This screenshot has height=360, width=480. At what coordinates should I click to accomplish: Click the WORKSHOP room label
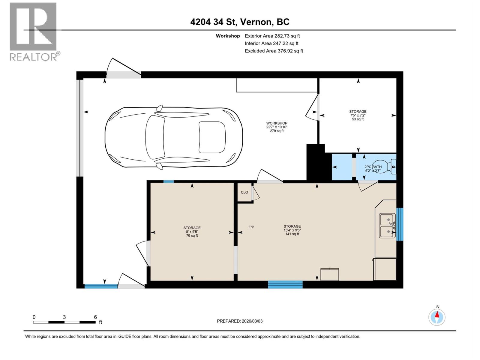point(277,123)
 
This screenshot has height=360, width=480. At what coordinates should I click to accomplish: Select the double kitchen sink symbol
point(387,225)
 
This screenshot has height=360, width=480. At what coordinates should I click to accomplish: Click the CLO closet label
point(244,192)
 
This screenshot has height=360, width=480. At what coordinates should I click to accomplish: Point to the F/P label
point(251,227)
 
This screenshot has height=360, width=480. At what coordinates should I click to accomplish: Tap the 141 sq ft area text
point(292,234)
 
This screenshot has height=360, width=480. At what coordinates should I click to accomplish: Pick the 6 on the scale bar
point(95,317)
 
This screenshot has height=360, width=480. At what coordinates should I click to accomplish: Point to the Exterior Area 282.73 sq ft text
point(272,36)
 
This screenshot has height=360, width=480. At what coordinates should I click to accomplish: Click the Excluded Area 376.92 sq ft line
point(274,51)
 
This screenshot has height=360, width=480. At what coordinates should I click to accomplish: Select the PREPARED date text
point(240,321)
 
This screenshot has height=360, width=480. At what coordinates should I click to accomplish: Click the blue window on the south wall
point(285,284)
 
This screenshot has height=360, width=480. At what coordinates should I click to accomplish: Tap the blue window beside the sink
point(400,224)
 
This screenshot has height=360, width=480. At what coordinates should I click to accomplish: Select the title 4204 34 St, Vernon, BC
point(240,22)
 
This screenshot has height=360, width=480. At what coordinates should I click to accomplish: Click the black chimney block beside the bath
point(315,162)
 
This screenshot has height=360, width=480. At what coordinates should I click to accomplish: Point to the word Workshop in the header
point(228,36)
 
